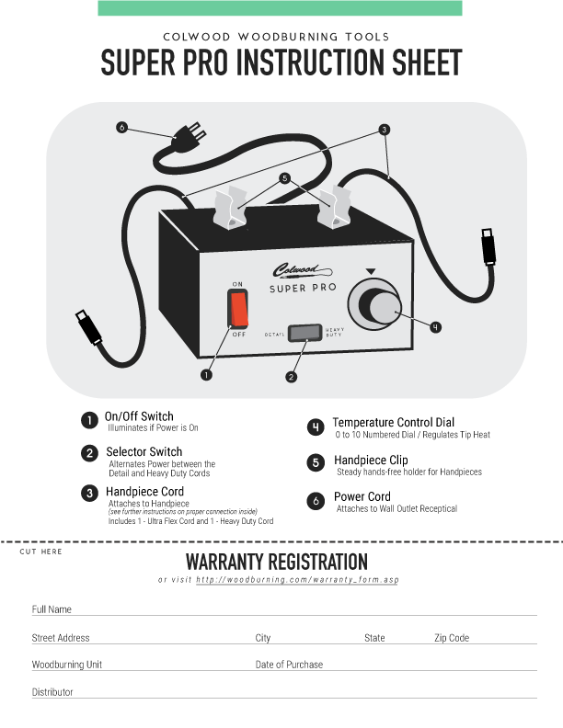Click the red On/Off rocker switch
coord(239,310)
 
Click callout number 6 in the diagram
coord(122,128)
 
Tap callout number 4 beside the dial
coord(435,325)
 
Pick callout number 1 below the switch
coord(206,374)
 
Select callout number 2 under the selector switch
coord(292,377)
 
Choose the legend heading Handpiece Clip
coord(371,460)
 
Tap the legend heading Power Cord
coord(362,497)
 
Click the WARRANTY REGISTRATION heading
coord(277,562)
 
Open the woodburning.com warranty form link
coord(298,580)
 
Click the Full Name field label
coord(52,609)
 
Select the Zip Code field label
coord(452,638)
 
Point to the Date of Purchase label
coord(289,665)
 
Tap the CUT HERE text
coord(40,552)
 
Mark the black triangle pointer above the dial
coord(370,271)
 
